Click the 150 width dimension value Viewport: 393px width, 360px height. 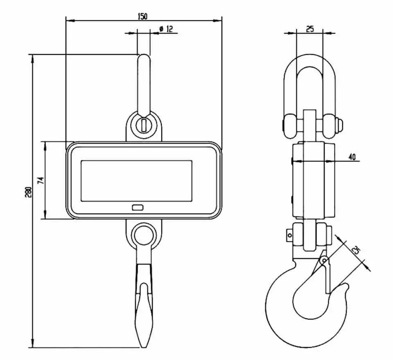[x=143, y=16]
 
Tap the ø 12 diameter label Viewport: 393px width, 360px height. [x=166, y=29]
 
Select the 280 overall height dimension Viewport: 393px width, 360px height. [x=28, y=192]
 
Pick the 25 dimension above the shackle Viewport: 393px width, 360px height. [x=310, y=29]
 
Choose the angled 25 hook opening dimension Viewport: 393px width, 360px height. [x=356, y=250]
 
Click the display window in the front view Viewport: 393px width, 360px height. [x=137, y=181]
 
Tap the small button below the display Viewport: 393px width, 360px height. [x=138, y=207]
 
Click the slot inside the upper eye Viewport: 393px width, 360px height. [x=144, y=126]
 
